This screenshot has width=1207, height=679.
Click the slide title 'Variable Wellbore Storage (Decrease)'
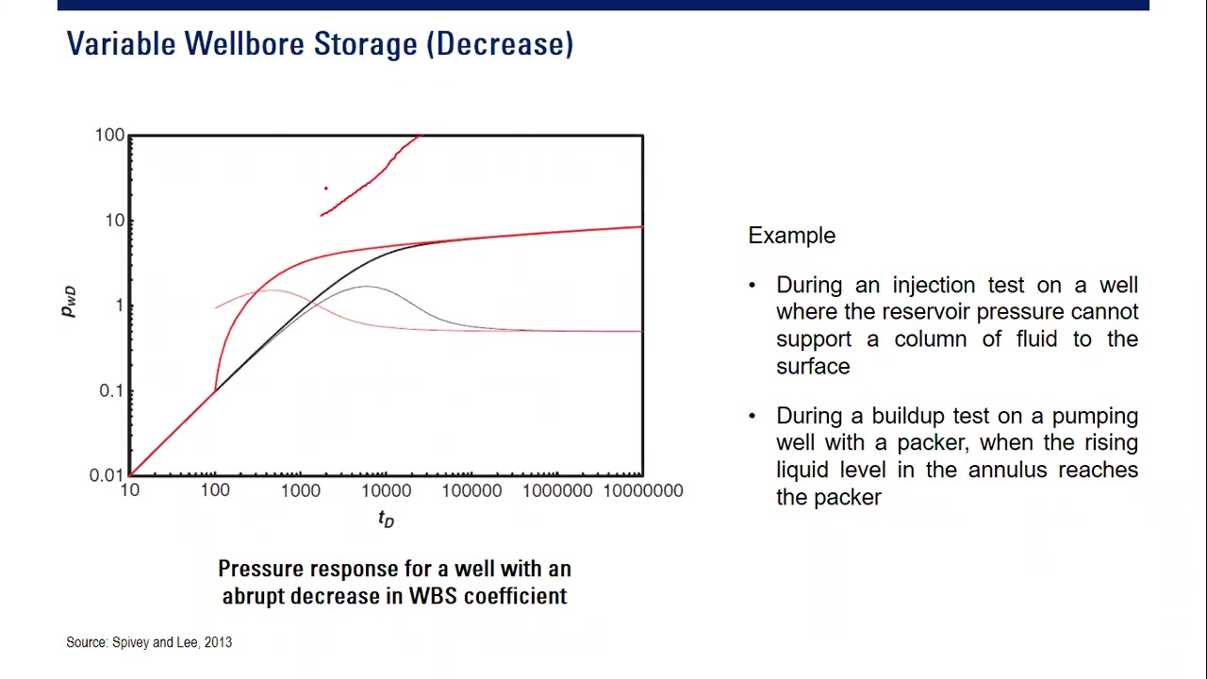pyautogui.click(x=320, y=44)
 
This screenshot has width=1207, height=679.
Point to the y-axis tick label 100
pyautogui.click(x=109, y=136)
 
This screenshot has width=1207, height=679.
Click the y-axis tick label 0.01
pyautogui.click(x=107, y=475)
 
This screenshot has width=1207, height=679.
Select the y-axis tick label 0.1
pyautogui.click(x=111, y=390)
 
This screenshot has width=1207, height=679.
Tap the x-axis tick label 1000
pyautogui.click(x=300, y=491)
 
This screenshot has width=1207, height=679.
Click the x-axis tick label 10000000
pyautogui.click(x=642, y=491)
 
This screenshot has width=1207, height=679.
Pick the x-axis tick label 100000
pyautogui.click(x=471, y=491)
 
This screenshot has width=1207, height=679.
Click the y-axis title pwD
pyautogui.click(x=69, y=302)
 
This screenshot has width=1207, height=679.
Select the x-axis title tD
pyautogui.click(x=386, y=520)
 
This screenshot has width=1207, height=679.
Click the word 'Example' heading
pyautogui.click(x=791, y=236)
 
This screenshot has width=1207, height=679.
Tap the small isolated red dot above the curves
pyautogui.click(x=326, y=189)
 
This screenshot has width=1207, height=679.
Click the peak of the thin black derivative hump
pyautogui.click(x=366, y=286)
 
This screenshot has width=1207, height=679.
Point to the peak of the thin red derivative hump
pyautogui.click(x=272, y=290)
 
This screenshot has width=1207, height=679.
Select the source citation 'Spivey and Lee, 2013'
pyautogui.click(x=172, y=642)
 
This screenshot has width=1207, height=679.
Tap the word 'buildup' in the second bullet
pyautogui.click(x=908, y=416)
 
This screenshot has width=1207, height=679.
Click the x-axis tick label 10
pyautogui.click(x=129, y=491)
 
